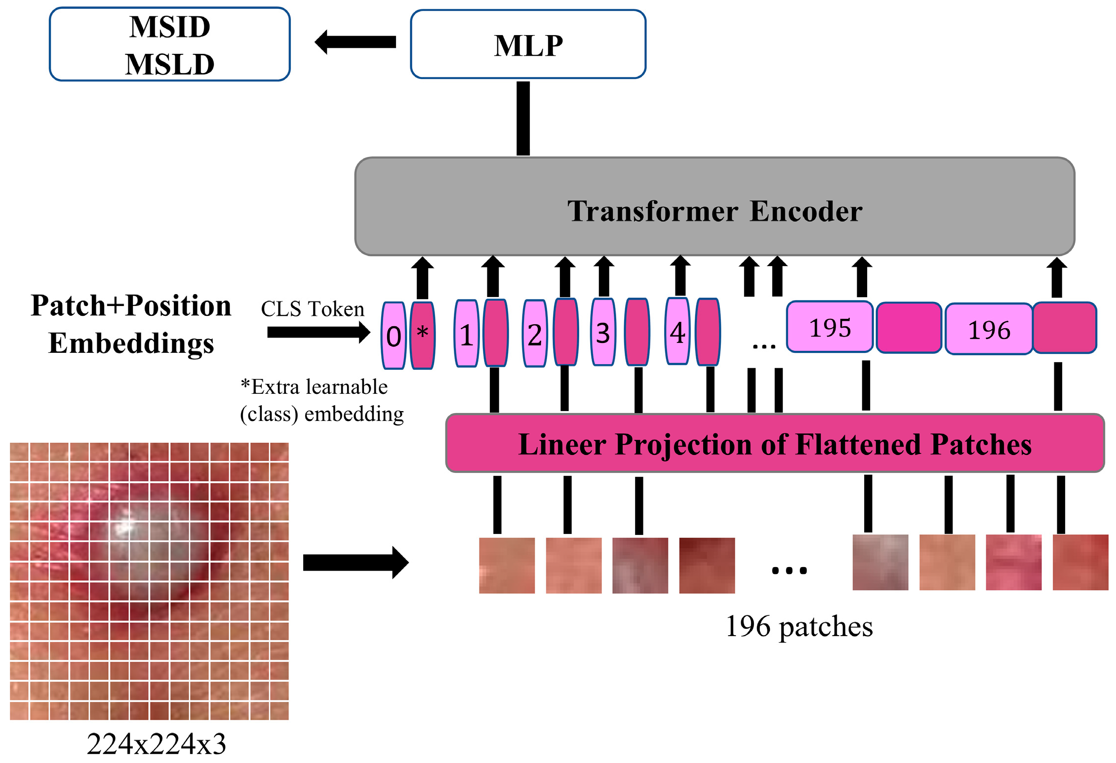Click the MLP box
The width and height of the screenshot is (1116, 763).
[528, 44]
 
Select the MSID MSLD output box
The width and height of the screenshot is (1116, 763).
[169, 44]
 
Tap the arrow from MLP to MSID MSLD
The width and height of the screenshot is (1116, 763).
[355, 42]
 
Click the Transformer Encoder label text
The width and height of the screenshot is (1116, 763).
[715, 211]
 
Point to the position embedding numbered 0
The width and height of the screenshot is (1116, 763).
[394, 336]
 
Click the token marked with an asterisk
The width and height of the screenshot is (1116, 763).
[423, 336]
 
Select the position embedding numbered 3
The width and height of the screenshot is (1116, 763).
[603, 332]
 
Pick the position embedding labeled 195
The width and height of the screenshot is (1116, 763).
[830, 327]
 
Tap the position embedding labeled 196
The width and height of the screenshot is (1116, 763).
[989, 329]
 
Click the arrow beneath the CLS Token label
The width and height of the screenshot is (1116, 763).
[319, 332]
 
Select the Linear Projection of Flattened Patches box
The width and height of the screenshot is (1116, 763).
[775, 443]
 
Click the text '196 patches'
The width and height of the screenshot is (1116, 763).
[799, 626]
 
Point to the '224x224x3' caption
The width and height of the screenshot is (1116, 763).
[157, 744]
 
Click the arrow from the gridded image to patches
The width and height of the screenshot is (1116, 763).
[356, 562]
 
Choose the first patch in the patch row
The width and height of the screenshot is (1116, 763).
[507, 566]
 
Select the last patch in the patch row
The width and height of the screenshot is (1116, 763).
[1080, 562]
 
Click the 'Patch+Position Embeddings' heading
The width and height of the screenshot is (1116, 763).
[131, 324]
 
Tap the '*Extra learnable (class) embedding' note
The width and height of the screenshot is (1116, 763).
[321, 400]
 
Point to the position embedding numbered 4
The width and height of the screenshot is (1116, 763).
[678, 331]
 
